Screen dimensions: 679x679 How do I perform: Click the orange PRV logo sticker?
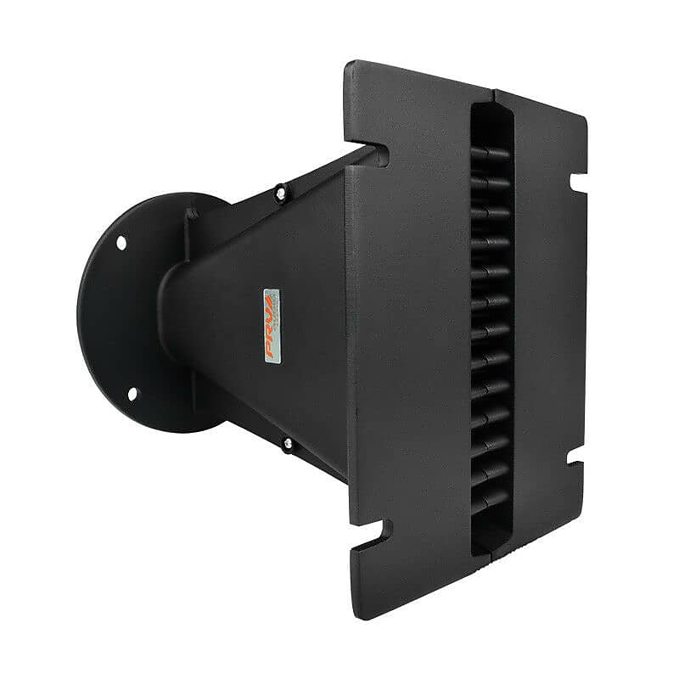tap(271, 328)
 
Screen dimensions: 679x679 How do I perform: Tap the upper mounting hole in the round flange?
tap(121, 243)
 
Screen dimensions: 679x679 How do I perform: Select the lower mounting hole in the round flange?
tap(132, 393)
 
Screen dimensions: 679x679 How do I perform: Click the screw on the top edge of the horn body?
tap(279, 194)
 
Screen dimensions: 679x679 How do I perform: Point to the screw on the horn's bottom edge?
tap(289, 443)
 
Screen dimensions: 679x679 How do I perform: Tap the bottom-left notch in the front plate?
tap(379, 533)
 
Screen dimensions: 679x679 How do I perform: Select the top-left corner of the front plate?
tap(347, 63)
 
